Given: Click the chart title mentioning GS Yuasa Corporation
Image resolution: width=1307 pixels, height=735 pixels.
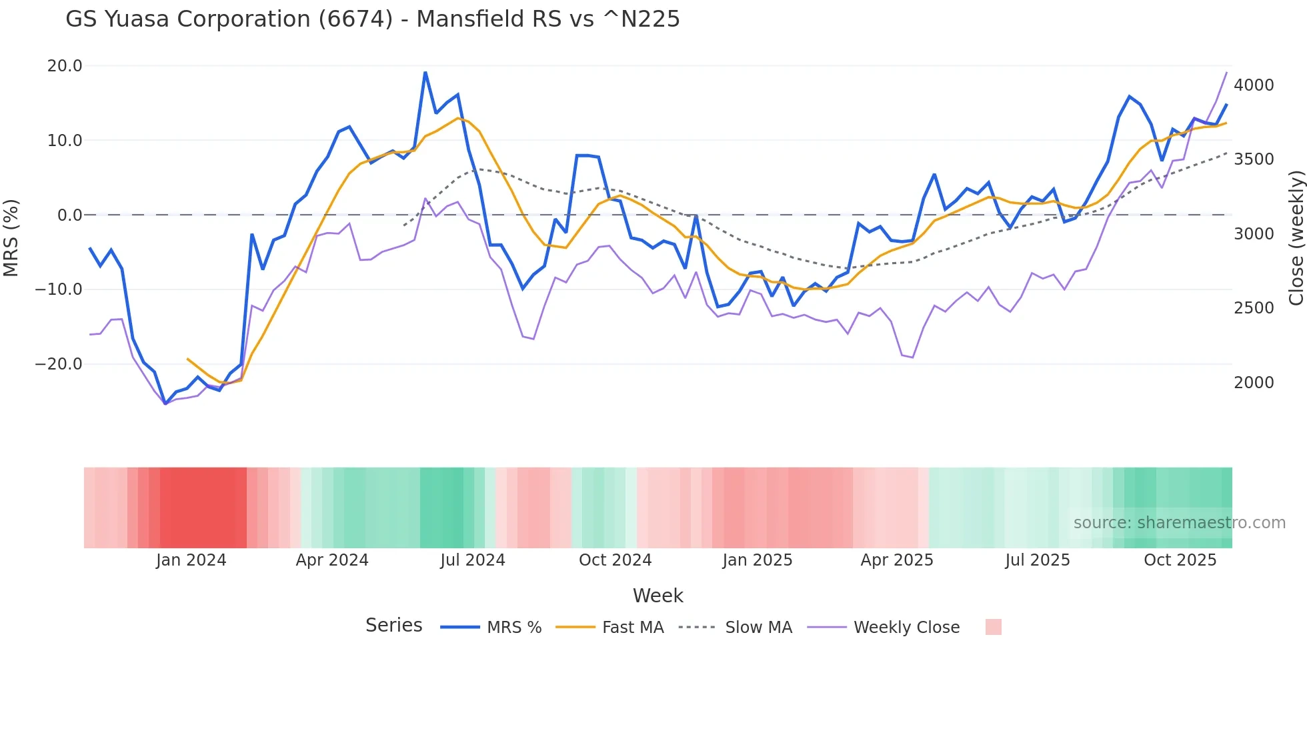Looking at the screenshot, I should (372, 19).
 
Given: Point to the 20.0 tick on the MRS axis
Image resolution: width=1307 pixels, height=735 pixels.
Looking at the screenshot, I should (65, 66).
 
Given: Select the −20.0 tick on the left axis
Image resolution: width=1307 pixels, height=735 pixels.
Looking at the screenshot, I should (59, 364).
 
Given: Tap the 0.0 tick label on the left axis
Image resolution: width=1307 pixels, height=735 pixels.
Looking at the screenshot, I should (70, 215).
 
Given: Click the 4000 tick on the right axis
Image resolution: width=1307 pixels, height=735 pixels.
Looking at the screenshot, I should (1254, 85).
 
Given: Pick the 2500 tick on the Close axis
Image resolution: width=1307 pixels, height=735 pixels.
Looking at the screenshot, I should (1254, 308).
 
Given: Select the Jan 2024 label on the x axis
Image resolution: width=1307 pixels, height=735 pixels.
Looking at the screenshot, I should (191, 560).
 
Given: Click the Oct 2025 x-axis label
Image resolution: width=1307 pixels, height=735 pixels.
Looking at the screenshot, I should (1180, 560).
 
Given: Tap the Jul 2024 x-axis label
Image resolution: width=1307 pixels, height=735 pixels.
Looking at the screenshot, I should (472, 560).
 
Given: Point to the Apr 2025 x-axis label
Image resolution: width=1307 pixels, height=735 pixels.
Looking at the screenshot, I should (896, 560).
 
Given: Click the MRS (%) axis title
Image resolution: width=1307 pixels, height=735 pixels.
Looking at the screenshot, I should (11, 237).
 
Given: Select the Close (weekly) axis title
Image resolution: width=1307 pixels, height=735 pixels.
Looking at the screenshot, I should (1296, 238).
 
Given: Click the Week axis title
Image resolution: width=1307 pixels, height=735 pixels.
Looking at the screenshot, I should (658, 596).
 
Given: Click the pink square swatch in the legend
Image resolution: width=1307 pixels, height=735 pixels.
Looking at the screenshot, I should (993, 628).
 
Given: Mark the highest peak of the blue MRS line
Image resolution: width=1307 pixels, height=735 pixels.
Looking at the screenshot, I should (425, 72).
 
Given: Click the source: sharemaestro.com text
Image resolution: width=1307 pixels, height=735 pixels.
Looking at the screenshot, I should (1179, 523).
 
